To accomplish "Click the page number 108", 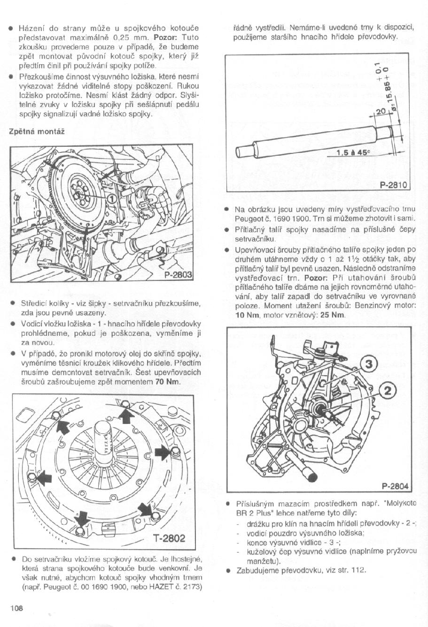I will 16,608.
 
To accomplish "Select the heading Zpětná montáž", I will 37,131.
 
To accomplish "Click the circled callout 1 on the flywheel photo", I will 111,199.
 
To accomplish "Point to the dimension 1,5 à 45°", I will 353,152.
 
